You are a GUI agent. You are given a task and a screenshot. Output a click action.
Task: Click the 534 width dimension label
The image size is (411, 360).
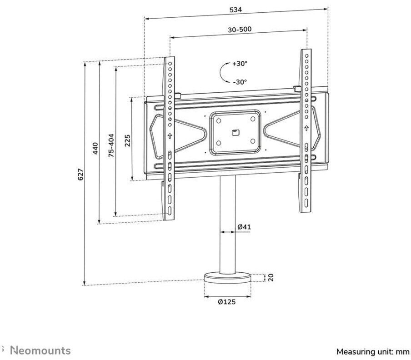[236, 10]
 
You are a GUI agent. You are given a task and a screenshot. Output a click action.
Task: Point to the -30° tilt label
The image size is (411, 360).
[239, 82]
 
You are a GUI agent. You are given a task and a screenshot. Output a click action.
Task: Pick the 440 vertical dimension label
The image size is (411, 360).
[95, 148]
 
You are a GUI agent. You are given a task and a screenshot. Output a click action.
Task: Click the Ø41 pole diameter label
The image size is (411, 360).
[244, 227]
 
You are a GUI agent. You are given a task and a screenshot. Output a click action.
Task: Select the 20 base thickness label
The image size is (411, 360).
[271, 277]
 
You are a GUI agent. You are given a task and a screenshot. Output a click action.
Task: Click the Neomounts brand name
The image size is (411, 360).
[40, 350]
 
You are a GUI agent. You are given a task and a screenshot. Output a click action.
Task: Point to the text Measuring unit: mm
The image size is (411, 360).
[373, 351]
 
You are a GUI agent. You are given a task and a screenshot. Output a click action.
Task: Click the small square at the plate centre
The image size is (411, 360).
[235, 132]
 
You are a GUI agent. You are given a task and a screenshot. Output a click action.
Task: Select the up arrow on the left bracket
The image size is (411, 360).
[170, 135]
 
